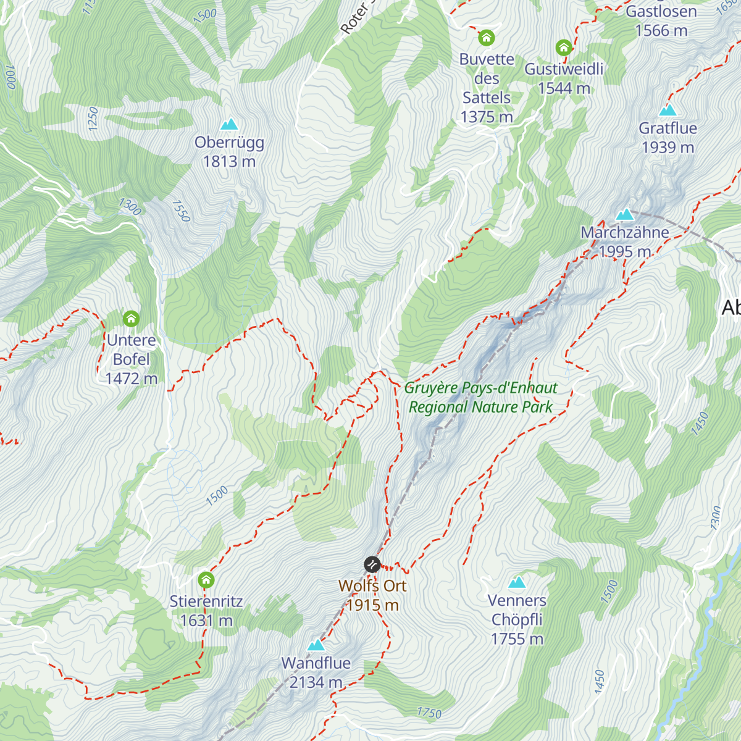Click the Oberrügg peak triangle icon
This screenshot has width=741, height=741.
coord(229,124)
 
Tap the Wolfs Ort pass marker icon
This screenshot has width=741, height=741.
coord(372,564)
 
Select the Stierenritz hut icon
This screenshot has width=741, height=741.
coord(206,580)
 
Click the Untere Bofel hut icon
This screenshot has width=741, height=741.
coord(131,319)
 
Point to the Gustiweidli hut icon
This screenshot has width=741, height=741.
coord(563,48)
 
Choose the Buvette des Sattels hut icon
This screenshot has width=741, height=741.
coord(487,38)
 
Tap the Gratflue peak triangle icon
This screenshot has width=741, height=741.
coord(668,111)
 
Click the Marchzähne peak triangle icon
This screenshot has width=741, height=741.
coord(625,215)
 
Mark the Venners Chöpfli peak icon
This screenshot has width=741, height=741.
coord(517,582)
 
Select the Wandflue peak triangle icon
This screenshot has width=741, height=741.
coord(316,645)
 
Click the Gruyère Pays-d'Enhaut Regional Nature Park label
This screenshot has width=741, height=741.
coord(480,398)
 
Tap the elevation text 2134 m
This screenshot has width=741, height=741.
coord(316,682)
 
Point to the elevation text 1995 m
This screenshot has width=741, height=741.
coord(625,252)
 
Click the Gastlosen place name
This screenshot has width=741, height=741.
coord(661,12)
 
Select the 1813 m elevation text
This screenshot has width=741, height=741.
coord(229,162)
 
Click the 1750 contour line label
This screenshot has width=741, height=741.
coord(429,713)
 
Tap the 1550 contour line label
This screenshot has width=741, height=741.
coord(181,211)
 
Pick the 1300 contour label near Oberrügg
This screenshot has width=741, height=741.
coord(130,206)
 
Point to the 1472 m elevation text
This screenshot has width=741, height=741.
coord(131,379)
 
